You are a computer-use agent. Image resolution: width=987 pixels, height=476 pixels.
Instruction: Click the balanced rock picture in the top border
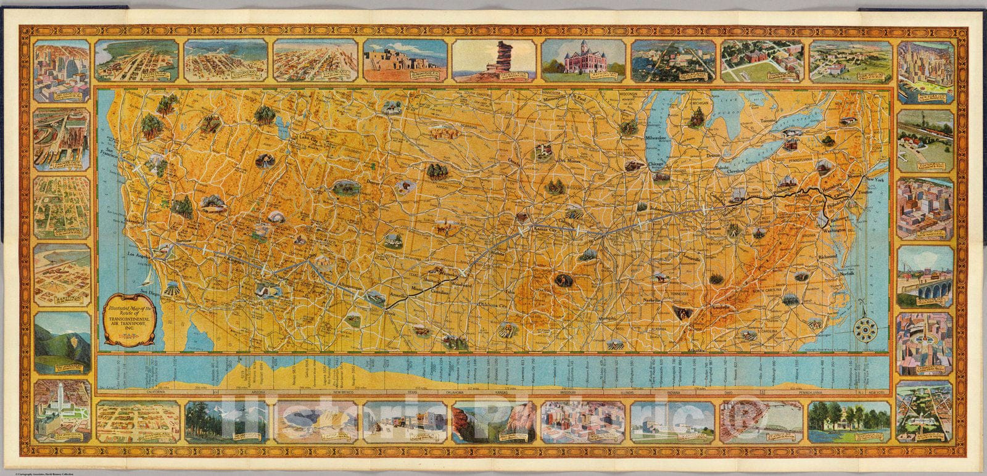point(493,60)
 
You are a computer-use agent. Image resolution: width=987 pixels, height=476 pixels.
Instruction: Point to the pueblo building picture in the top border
point(405,60)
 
